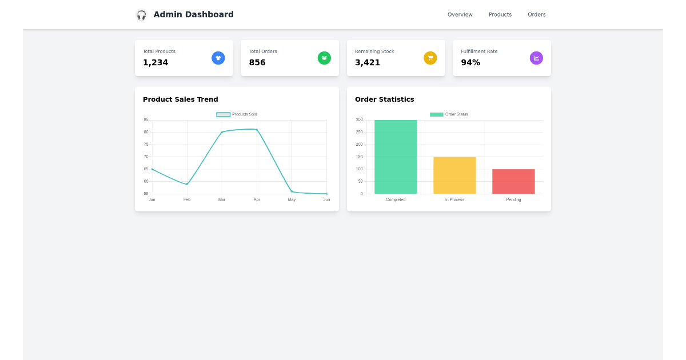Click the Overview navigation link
coord(460,15)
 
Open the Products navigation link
coord(500,15)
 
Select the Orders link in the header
coord(536,15)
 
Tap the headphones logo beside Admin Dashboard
coord(141,15)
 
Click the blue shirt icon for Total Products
coord(218,58)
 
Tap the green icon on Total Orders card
coord(324,58)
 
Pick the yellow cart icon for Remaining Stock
coord(430,58)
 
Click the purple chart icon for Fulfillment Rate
coord(536,58)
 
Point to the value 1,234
coord(155,63)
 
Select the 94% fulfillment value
coord(470,63)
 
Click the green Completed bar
coord(396,157)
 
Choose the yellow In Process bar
coord(454,175)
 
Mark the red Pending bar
coord(513,181)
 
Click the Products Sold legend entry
coord(237,114)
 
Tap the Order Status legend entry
coord(449,114)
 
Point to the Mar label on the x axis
coord(222,199)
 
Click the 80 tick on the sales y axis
coord(146,132)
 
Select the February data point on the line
coord(187,184)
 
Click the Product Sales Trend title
coord(180,99)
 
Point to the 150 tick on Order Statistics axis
coord(359,157)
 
